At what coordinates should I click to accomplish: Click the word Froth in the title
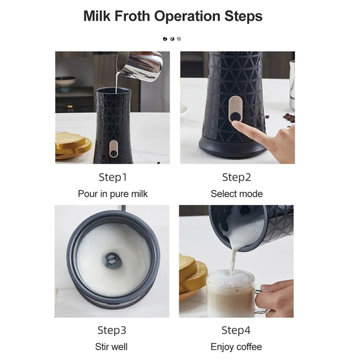point(132,16)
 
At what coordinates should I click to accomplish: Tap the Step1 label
point(113,177)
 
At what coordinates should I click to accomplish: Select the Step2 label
point(237,177)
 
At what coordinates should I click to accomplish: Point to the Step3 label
point(112,330)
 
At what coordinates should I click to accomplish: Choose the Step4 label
point(236,330)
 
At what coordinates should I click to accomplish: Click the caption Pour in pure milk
point(113,194)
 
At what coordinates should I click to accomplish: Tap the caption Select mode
point(237,194)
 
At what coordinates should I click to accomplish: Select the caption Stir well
point(111,346)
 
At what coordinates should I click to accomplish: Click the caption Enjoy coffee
point(236,347)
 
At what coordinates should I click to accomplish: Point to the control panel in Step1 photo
point(114,149)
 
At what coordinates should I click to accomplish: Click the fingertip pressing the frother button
point(236,125)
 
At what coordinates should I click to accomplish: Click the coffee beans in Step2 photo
point(288,117)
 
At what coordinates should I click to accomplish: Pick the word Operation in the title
point(187,17)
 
